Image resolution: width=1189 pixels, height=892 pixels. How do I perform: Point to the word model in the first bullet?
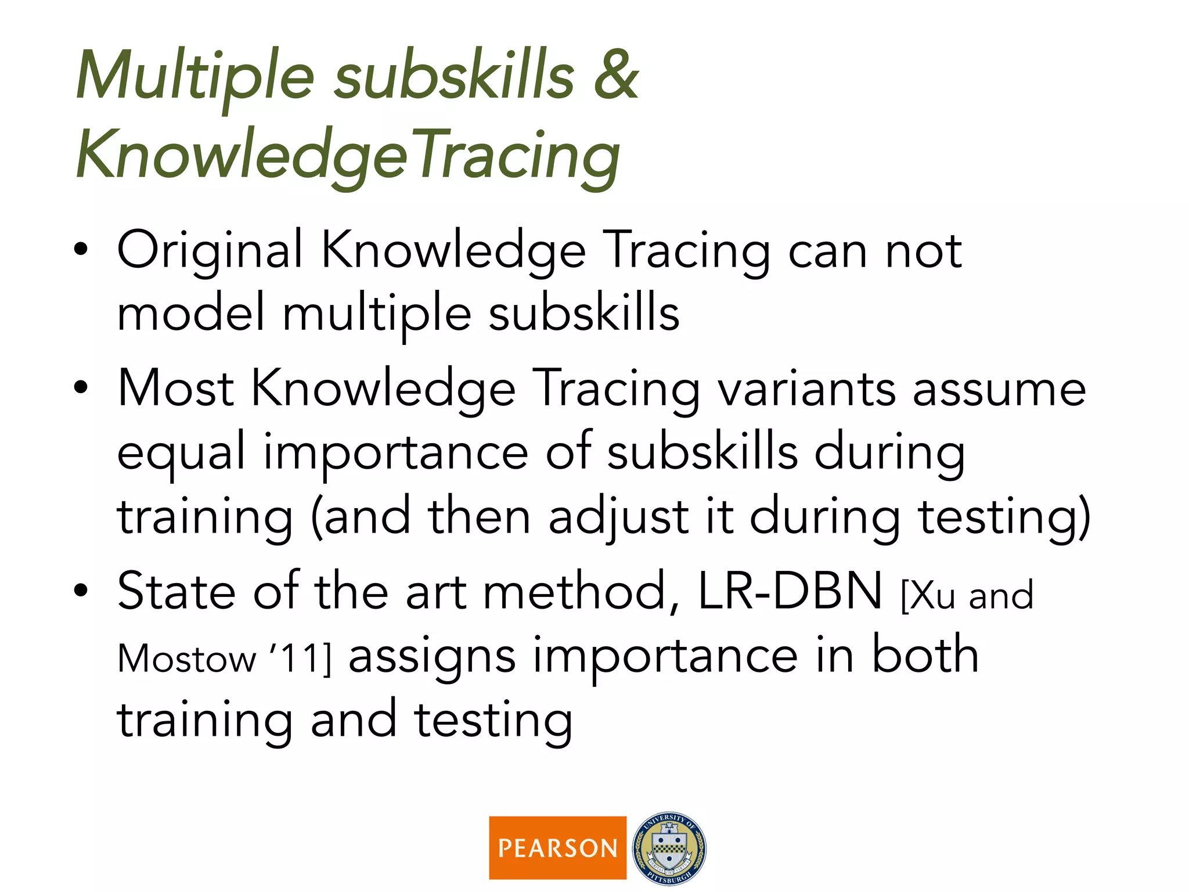pos(191,313)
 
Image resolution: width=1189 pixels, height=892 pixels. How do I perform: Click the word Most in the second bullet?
pos(175,389)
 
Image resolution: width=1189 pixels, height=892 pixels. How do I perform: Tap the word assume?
pos(999,390)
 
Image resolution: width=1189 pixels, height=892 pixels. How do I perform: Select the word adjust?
pos(618,517)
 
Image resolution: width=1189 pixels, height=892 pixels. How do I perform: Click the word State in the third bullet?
pos(176,592)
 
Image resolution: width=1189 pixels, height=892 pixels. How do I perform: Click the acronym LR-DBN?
pos(790,592)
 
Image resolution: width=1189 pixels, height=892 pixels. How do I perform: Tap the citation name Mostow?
pos(186,659)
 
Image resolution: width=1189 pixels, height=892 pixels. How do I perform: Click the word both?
pos(925,656)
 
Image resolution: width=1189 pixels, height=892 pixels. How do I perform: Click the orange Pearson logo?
pos(557,848)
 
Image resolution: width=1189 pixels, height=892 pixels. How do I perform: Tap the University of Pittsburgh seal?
pos(669,848)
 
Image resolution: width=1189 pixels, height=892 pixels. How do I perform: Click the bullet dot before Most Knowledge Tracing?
pos(81,387)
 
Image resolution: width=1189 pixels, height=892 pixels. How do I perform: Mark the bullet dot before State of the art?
pos(81,591)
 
